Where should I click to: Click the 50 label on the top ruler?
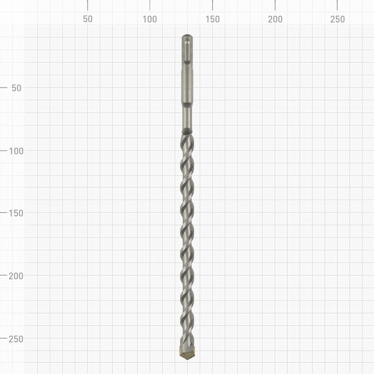[x=87, y=19]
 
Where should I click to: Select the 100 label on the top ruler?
[x=150, y=19]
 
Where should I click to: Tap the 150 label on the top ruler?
[x=212, y=19]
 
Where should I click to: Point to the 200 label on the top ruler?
[x=275, y=19]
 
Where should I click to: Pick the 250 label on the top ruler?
[x=338, y=19]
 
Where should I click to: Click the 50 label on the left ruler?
[x=17, y=88]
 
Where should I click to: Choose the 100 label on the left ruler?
[x=16, y=151]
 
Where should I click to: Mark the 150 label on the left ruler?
[x=16, y=213]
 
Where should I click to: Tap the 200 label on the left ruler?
[x=16, y=276]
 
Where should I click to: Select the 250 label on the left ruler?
[x=16, y=338]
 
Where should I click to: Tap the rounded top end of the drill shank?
[x=187, y=36]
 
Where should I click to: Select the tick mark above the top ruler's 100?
[x=150, y=5]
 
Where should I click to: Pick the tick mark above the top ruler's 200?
[x=275, y=5]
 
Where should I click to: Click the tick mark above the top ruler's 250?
[x=338, y=5]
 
